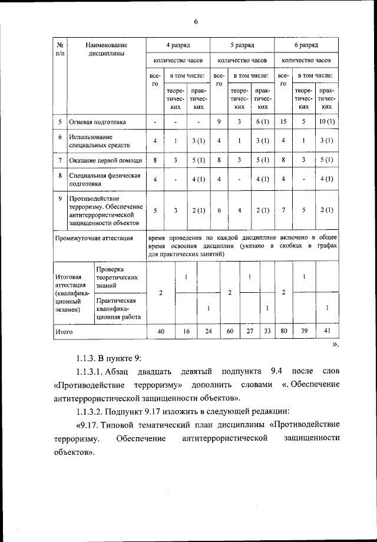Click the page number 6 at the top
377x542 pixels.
coord(196,22)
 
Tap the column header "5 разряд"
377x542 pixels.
coord(242,45)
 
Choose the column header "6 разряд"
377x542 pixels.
coord(306,45)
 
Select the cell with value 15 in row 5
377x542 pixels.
coord(283,122)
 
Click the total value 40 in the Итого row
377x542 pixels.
coord(161,332)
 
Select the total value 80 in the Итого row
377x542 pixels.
coord(283,332)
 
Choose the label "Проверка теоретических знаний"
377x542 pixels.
coord(117,277)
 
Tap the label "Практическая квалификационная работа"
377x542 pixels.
coord(118,308)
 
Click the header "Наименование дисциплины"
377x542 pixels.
coord(106,49)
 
